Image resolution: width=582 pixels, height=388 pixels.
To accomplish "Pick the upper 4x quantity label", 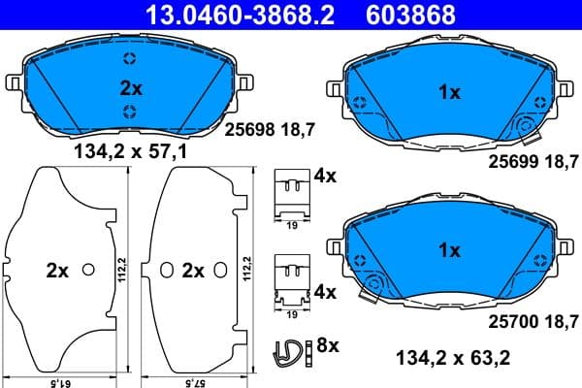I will click(x=324, y=177).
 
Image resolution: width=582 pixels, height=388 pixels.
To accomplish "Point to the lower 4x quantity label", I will click(x=324, y=291).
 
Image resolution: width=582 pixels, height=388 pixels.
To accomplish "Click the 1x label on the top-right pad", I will click(x=448, y=95).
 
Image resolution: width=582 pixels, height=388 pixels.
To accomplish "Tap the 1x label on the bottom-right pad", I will click(x=448, y=250).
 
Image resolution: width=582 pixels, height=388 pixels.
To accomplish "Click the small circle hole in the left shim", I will click(x=88, y=270).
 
